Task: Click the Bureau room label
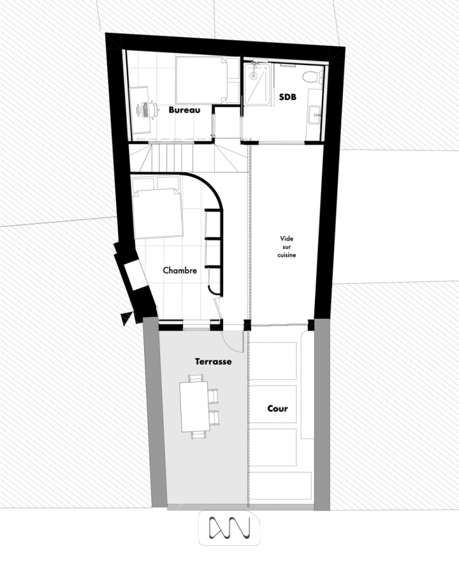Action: point(184,110)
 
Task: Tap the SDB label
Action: point(288,97)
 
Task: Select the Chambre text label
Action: point(180,271)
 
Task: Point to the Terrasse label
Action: point(213,362)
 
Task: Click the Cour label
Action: point(277,409)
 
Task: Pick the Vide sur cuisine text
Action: point(286,247)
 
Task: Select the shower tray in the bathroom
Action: point(258,84)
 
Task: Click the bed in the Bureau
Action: point(202,80)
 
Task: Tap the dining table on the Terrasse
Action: point(194,406)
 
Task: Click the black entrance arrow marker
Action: point(126,318)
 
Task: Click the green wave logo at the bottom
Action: point(230,528)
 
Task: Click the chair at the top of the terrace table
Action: point(196,378)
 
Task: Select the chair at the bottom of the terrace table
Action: point(198,434)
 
